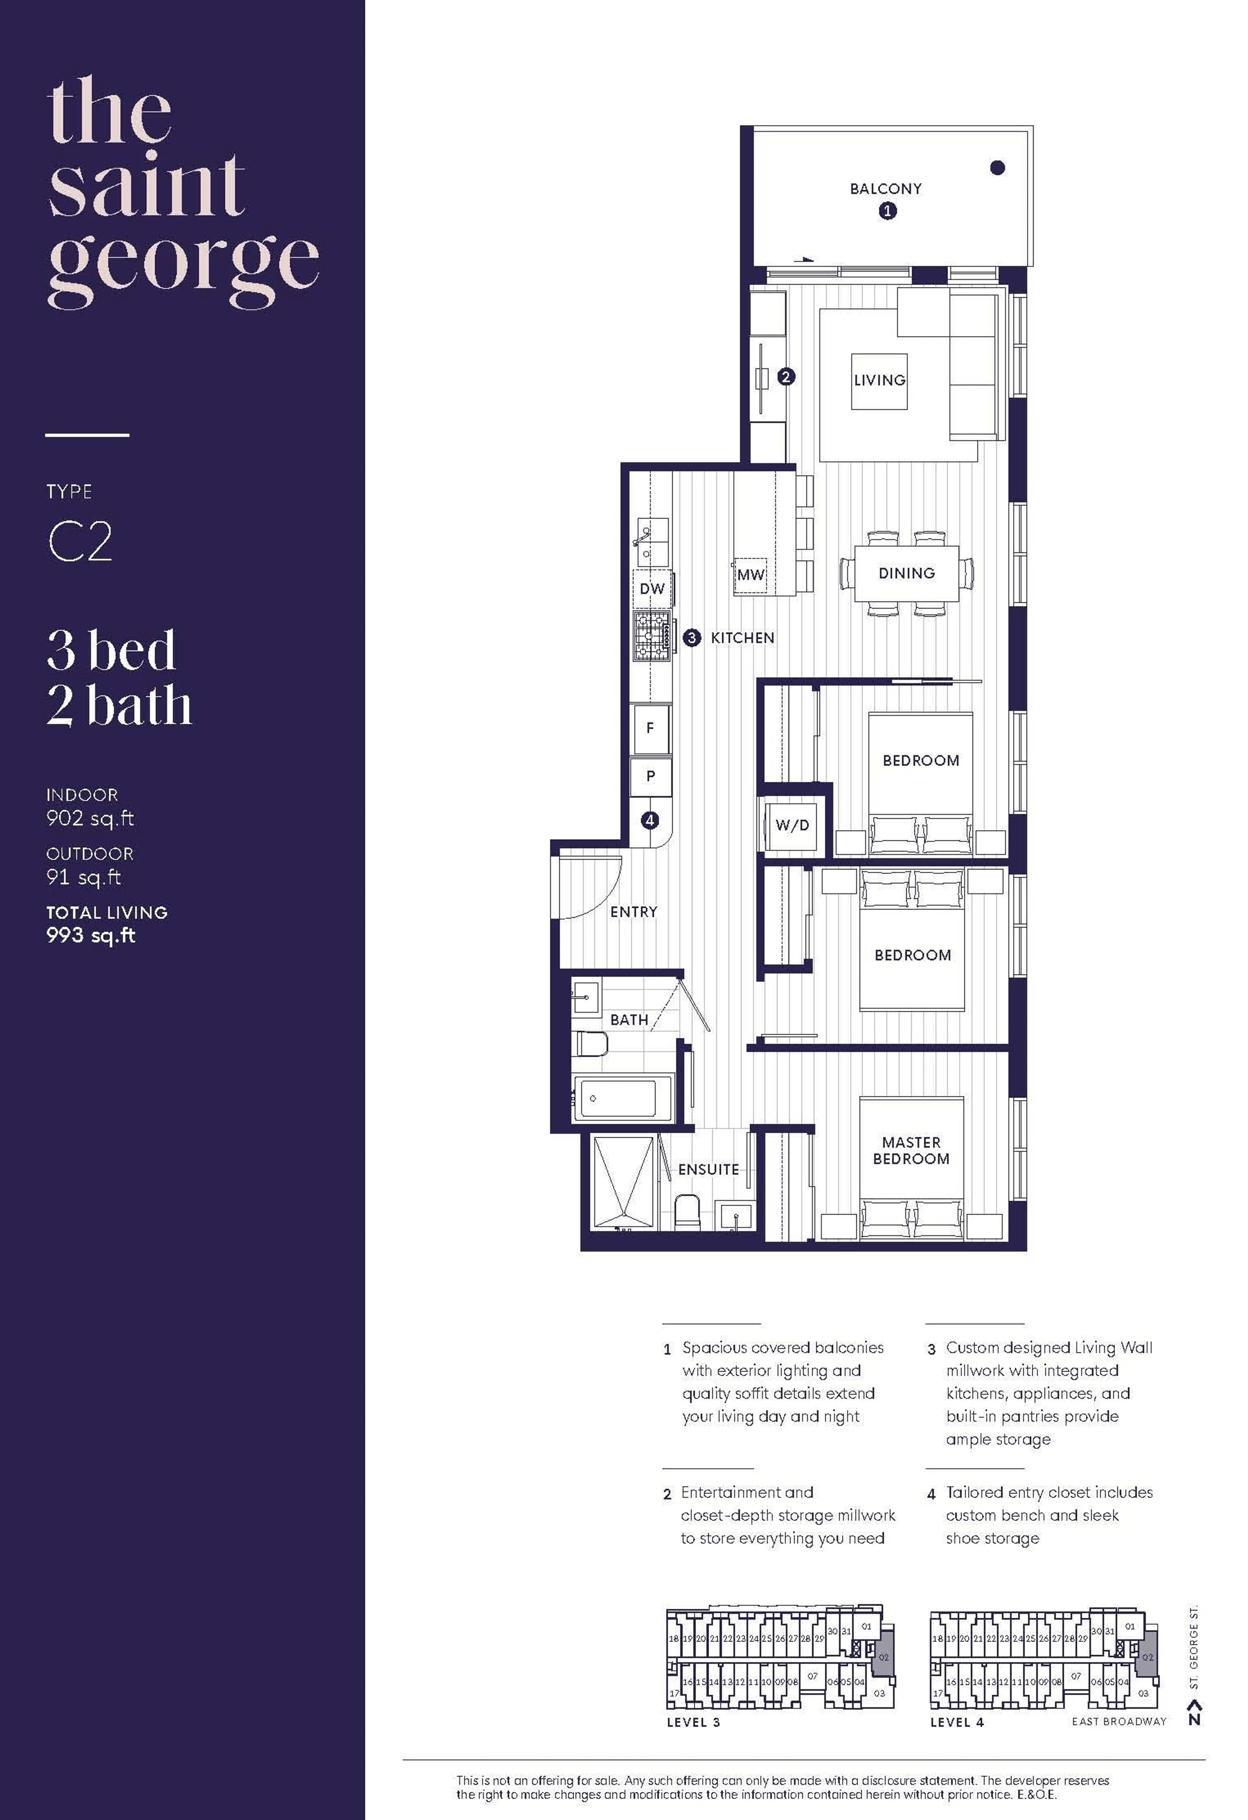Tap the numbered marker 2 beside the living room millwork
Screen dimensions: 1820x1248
[786, 377]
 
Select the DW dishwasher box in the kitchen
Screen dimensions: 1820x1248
[652, 589]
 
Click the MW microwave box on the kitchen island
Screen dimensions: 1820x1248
[750, 575]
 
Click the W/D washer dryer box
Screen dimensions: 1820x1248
[792, 825]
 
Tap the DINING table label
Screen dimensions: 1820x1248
[906, 573]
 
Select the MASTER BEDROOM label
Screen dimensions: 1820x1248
[911, 1151]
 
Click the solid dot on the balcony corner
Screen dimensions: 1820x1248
[997, 168]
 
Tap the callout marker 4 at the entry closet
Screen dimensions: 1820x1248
[649, 820]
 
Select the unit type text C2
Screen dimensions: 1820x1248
[80, 541]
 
